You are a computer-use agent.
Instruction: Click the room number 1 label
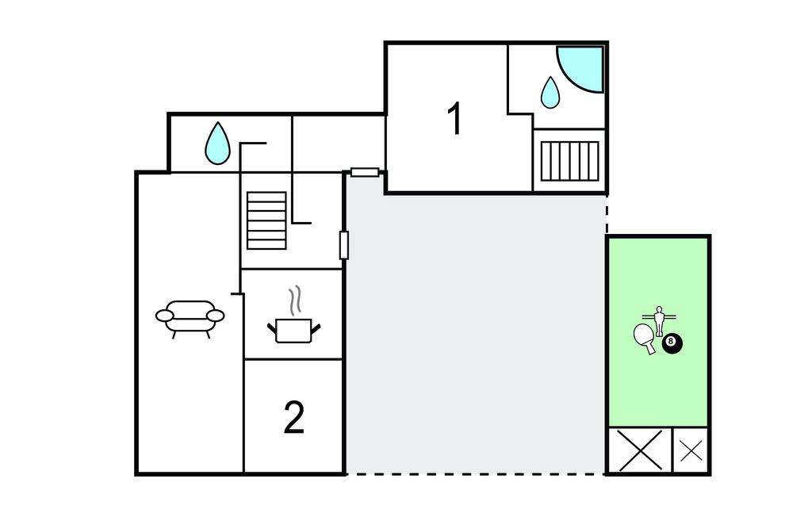click(454, 119)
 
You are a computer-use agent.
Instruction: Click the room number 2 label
click(294, 417)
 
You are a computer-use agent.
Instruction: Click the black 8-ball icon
click(672, 343)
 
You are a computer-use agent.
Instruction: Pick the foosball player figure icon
click(659, 321)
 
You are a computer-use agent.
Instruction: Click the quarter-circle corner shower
click(580, 70)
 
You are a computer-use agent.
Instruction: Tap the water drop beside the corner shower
click(550, 93)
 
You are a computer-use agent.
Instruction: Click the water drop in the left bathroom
click(217, 144)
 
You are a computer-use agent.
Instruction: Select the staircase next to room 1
click(569, 161)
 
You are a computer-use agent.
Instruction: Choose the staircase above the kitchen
click(266, 220)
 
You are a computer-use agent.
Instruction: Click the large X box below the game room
click(640, 450)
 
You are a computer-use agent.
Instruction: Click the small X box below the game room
click(691, 450)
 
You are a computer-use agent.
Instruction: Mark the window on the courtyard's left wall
click(344, 245)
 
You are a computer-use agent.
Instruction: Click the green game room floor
click(658, 332)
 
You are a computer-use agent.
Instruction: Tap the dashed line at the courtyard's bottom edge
click(476, 473)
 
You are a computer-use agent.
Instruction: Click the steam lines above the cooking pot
click(294, 301)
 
